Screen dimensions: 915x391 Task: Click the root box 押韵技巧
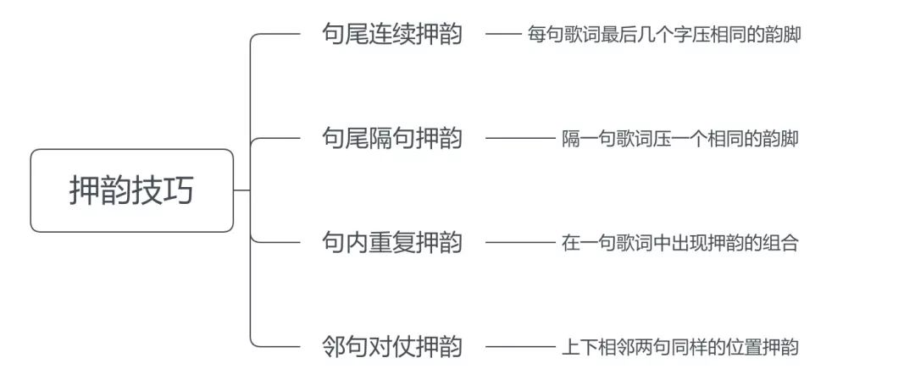pos(131,190)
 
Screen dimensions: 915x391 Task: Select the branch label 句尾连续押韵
pos(392,35)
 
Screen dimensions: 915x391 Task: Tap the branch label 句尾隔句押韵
pos(392,138)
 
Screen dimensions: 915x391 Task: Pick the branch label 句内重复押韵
pos(392,242)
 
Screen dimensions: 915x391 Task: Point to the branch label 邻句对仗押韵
pos(392,346)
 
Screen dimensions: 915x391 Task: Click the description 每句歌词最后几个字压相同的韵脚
pos(663,36)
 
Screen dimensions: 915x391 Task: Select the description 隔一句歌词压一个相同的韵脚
pos(679,139)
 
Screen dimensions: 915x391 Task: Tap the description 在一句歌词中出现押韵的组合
pos(679,243)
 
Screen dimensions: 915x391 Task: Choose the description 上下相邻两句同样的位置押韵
pos(679,347)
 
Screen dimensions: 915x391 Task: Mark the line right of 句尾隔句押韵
pos(518,139)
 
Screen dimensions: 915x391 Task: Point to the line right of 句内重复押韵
pos(518,243)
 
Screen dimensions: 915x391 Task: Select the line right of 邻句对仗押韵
pos(518,347)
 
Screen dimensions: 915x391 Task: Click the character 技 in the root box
pos(147,190)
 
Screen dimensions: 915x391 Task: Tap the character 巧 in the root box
pos(179,190)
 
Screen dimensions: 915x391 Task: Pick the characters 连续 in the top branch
pos(392,35)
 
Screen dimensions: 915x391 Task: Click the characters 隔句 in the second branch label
pos(392,138)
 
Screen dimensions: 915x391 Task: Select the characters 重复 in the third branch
pos(392,242)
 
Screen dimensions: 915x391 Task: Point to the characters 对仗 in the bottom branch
pos(392,346)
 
